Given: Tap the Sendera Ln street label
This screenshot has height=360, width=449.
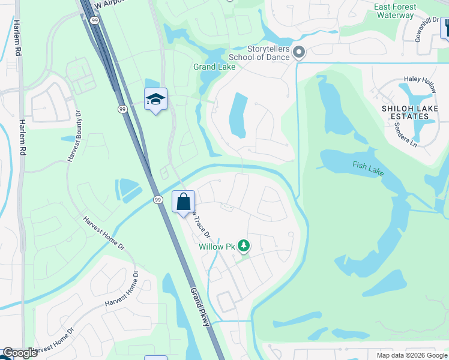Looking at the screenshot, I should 405,133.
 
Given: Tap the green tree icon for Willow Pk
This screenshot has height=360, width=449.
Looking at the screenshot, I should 243,245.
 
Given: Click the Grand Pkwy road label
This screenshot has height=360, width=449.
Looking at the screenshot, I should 200,307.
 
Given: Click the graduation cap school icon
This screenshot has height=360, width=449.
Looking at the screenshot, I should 155,100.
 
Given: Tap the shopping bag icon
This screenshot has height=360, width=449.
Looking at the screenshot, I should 184,202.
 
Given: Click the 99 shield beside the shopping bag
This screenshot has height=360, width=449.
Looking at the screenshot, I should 158,200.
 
